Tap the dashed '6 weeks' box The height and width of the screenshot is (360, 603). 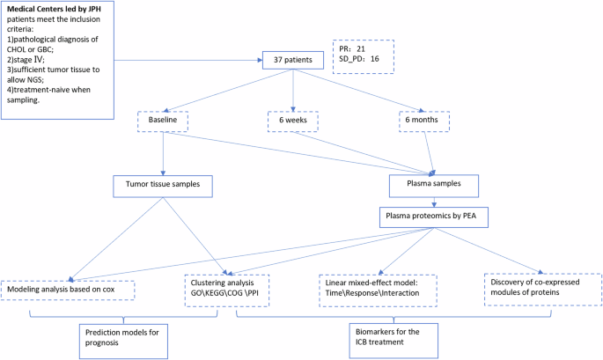(294, 121)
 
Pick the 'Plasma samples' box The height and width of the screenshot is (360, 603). (434, 185)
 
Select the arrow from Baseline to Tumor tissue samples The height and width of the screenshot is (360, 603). (164, 154)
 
